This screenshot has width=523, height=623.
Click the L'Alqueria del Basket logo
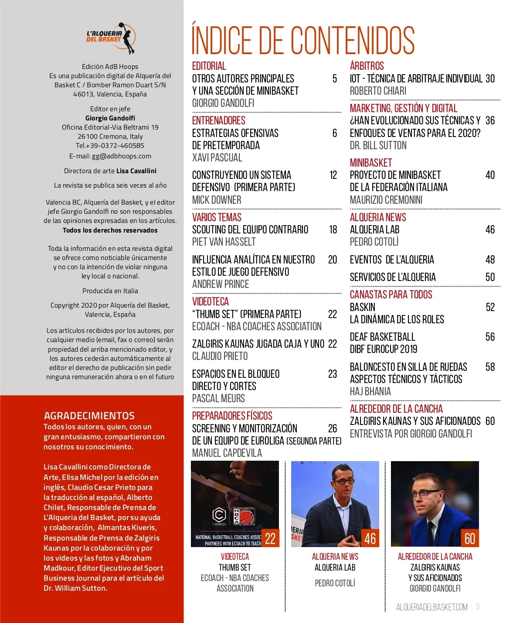(111, 38)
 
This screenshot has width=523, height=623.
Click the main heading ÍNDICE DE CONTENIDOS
(303, 40)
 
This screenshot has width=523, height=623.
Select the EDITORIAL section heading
(209, 66)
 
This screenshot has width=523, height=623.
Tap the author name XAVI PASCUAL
(217, 158)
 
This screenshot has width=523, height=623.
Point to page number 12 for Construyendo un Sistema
(333, 175)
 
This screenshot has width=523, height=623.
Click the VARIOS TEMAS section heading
(217, 217)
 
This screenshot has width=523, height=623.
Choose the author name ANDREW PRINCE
(221, 284)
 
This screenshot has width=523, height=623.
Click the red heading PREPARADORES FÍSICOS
(232, 416)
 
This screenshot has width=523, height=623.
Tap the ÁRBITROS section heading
(367, 66)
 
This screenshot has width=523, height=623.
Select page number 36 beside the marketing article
(490, 121)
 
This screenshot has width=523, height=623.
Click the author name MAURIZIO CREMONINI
(386, 200)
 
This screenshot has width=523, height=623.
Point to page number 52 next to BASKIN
(490, 308)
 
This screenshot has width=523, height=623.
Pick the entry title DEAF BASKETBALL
(382, 337)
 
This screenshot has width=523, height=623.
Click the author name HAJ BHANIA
(370, 392)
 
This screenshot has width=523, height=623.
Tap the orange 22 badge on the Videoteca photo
(270, 538)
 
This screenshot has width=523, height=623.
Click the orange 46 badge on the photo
(370, 538)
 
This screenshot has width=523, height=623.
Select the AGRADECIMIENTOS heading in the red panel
(89, 416)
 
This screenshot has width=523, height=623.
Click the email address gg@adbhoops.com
(121, 156)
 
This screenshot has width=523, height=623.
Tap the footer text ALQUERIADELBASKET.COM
(431, 607)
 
